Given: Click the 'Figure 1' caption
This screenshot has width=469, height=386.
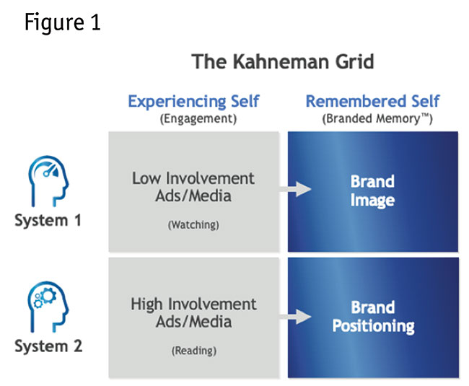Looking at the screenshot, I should (63, 22).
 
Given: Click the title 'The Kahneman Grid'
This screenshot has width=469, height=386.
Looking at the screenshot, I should (283, 62).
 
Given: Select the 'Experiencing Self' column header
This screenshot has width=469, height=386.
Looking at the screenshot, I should (193, 101).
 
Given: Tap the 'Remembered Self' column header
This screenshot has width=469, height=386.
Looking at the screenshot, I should (372, 101).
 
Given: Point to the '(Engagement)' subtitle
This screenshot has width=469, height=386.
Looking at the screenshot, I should (193, 118).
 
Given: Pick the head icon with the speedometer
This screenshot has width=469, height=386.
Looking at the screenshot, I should (48, 183).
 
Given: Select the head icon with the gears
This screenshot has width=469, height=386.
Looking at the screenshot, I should (48, 302).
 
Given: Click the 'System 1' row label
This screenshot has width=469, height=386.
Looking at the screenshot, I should (48, 221).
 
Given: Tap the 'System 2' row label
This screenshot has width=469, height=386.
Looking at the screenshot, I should (48, 346).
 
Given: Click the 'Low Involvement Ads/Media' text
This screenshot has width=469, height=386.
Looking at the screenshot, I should (193, 187).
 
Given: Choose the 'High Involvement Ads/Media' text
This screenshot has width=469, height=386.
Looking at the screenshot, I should (193, 312).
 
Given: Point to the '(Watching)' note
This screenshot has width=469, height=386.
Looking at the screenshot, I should (193, 225).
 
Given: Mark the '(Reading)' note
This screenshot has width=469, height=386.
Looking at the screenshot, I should (193, 351).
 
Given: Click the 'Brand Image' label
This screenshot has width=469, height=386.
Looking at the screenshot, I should (372, 190).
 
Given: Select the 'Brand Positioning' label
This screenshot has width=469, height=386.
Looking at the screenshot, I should (373, 317).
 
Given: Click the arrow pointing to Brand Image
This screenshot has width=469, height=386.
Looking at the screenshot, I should (297, 189).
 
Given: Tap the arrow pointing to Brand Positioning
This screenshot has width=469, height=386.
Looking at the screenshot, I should (297, 315).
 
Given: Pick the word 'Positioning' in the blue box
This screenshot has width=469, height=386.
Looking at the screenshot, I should (373, 326).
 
